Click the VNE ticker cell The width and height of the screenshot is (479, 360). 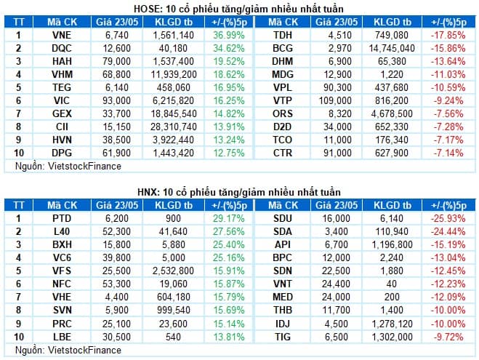pos(62,35)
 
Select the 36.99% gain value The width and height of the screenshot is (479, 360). pos(229,35)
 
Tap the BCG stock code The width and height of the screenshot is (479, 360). pos(283,48)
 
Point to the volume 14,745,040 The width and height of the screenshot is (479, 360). pos(392,48)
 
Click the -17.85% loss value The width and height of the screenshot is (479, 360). pos(448,35)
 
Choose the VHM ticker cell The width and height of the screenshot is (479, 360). pos(62,74)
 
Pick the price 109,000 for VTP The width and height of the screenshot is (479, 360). pos(335,100)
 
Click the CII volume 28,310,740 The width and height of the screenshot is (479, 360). pos(174,127)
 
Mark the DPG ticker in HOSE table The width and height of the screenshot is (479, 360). pos(62,153)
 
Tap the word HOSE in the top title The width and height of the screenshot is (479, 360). pos(145,9)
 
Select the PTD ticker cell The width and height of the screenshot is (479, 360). pos(62,218)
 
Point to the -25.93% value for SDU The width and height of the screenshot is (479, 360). pos(448,218)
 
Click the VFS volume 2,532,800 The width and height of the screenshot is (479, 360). pos(174,271)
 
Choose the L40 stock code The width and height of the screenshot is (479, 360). pos(62,232)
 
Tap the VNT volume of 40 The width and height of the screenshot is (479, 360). pos(392,284)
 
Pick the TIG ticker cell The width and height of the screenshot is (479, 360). pos(283,337)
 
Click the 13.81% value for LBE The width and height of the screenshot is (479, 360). pos(229,337)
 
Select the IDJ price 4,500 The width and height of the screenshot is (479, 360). pos(337,324)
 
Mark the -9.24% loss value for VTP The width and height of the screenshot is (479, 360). pos(448,100)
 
